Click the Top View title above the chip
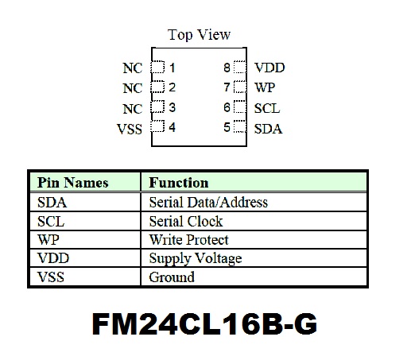click(199, 35)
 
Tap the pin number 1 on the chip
click(173, 68)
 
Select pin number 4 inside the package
click(173, 127)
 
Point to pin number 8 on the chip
click(227, 68)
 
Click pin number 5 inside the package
click(227, 127)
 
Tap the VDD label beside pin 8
click(269, 68)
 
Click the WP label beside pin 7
click(265, 87)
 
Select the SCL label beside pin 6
click(267, 108)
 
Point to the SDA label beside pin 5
click(268, 129)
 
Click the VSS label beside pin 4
click(130, 130)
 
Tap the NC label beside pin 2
click(133, 88)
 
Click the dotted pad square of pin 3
click(157, 106)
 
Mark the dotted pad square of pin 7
click(240, 87)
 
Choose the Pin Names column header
click(73, 183)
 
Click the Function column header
click(179, 183)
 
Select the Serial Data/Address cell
click(208, 203)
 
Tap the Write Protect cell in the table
click(188, 240)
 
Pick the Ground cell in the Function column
click(172, 277)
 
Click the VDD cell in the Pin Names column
click(53, 258)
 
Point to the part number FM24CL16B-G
click(204, 323)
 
